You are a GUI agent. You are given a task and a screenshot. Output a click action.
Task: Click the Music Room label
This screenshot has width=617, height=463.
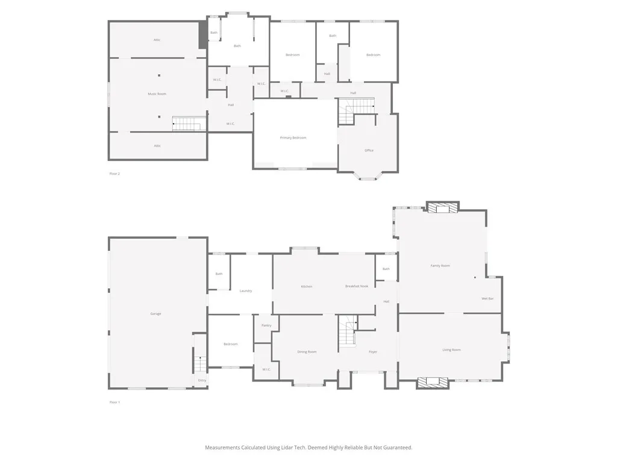point(157,94)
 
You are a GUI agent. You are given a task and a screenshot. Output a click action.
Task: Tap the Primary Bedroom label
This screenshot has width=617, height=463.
point(293,138)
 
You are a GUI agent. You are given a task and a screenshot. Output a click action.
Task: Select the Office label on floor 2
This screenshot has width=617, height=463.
point(369,150)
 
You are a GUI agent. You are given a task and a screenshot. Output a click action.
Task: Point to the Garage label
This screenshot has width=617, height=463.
point(155,314)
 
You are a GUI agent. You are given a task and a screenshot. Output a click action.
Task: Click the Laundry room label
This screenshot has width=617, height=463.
point(245,291)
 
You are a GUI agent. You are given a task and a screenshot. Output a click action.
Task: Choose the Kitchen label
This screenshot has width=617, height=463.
point(306,286)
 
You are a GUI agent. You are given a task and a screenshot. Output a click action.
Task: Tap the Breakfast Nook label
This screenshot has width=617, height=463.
point(356,286)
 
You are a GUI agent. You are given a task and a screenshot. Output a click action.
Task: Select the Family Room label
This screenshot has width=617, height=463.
point(440,266)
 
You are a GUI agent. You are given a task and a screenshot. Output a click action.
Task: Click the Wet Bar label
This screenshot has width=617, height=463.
point(487,299)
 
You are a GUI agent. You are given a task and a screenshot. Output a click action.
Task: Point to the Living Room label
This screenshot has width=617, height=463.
point(451,350)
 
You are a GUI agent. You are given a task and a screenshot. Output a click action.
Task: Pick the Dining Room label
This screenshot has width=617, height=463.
point(307,352)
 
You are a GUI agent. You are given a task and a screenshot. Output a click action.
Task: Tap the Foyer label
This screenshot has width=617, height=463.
point(372,352)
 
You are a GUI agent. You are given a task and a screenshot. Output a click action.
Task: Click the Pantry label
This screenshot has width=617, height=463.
point(266,326)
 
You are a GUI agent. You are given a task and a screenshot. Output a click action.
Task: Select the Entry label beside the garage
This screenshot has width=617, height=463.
point(202,380)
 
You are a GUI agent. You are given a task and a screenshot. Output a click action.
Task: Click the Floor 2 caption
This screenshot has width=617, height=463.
point(114,174)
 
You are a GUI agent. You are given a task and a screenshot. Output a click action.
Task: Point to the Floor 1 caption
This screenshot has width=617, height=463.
point(114,402)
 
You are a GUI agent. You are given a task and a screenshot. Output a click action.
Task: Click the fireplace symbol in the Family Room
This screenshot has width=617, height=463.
point(442,208)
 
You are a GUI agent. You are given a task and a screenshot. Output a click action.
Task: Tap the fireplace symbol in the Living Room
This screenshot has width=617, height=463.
point(433,381)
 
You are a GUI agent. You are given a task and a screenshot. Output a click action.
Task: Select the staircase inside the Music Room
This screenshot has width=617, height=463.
point(186,124)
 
